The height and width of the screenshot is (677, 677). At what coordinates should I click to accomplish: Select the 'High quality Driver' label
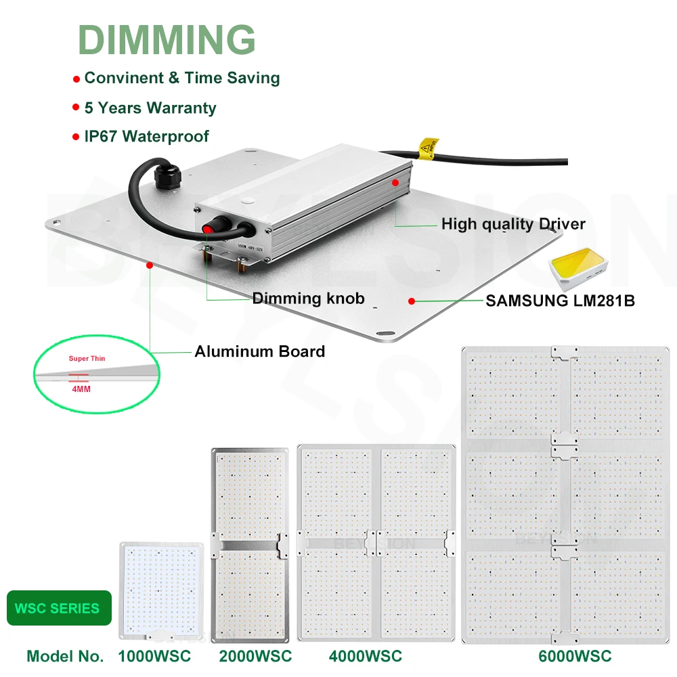click(x=513, y=223)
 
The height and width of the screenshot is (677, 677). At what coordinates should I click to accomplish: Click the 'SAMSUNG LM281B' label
click(x=560, y=300)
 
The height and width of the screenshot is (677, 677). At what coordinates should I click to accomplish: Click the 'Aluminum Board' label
click(x=259, y=351)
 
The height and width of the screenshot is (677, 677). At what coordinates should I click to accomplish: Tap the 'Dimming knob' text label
click(x=308, y=299)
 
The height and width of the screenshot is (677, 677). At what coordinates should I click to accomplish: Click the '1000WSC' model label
click(x=154, y=656)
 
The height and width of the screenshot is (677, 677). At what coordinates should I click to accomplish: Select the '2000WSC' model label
click(x=255, y=656)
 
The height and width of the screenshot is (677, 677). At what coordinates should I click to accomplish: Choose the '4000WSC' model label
click(x=365, y=656)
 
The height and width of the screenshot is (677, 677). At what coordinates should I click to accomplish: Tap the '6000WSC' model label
click(x=575, y=656)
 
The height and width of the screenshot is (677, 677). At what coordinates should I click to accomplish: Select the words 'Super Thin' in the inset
click(x=87, y=358)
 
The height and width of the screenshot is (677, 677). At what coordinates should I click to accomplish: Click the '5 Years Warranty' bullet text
click(x=150, y=108)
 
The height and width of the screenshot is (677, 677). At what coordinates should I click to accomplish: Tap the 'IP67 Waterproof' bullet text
click(x=146, y=136)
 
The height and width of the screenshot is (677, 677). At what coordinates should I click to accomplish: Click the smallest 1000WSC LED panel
click(x=162, y=588)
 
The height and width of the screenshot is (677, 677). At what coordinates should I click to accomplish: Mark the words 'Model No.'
click(x=65, y=656)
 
